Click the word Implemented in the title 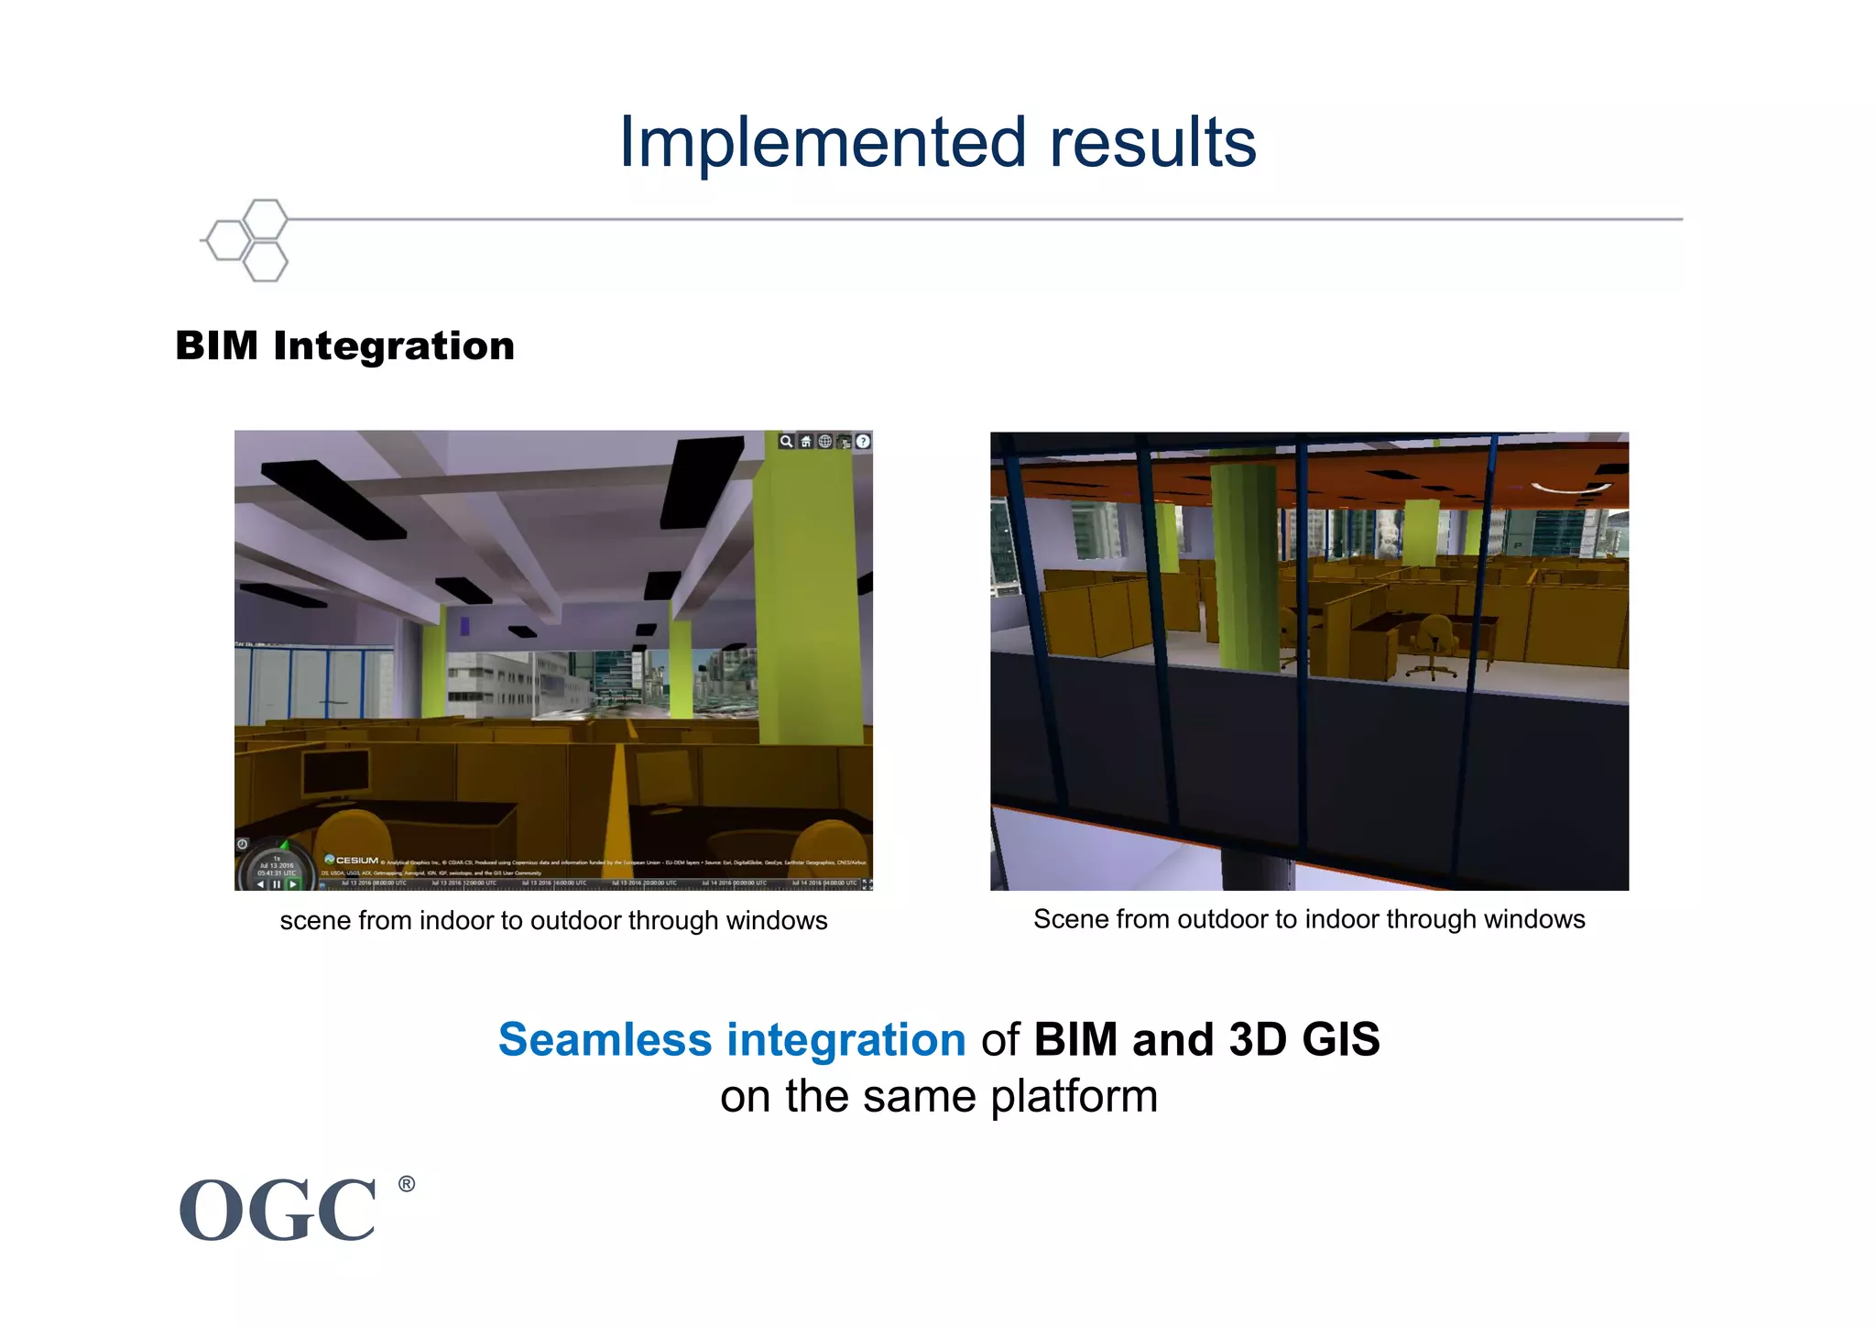coord(822,143)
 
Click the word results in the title coord(1152,143)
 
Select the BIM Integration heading coord(344,346)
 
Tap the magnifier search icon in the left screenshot coord(786,442)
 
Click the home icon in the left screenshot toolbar coord(805,442)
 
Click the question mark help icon coord(863,442)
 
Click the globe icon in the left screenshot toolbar coord(824,442)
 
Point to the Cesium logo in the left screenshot coord(352,860)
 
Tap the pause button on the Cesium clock coord(277,884)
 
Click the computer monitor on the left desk coord(336,772)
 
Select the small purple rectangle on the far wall coord(464,626)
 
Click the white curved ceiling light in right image coord(1567,488)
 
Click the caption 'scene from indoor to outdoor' coord(553,921)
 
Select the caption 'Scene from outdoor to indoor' coord(1308,919)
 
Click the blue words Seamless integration coord(732,1040)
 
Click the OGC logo coord(278,1211)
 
